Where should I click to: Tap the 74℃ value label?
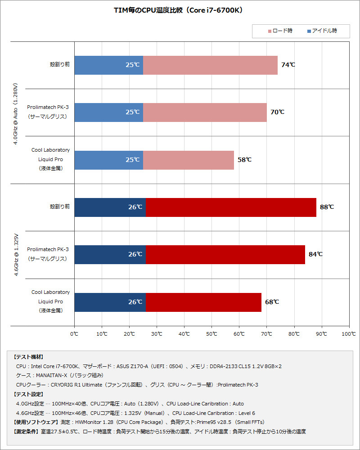tap(288, 65)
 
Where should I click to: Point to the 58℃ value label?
tap(244, 160)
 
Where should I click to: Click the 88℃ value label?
tap(327, 207)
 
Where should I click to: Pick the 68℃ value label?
tap(272, 302)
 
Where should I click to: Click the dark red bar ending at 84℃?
tap(225, 255)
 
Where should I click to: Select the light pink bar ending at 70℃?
tap(205, 112)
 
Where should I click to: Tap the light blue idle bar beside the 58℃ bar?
tap(108, 160)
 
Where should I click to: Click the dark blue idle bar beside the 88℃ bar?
tap(110, 207)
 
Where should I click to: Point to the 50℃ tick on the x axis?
tap(212, 334)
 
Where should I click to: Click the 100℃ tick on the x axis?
tap(349, 334)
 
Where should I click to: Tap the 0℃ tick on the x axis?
tap(75, 334)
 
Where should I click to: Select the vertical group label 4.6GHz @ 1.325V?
tap(16, 254)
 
